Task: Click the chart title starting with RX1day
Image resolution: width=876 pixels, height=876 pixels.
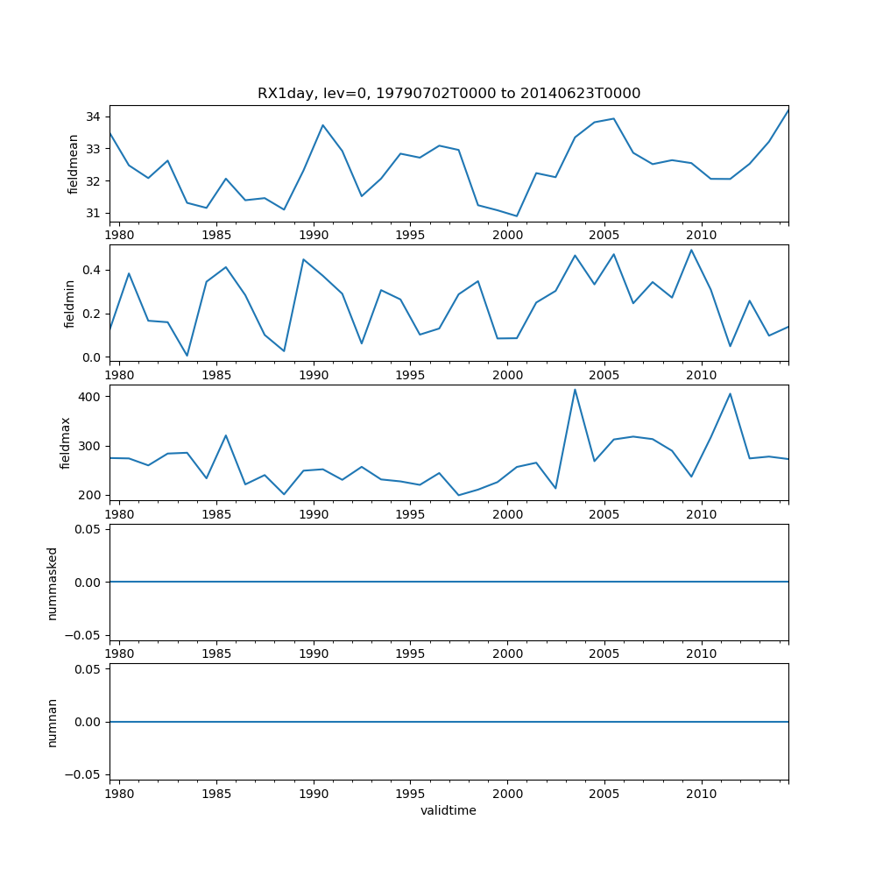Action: (x=449, y=94)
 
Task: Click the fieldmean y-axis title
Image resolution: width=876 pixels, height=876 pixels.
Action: (x=74, y=164)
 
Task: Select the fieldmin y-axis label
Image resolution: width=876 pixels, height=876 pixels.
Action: (x=70, y=303)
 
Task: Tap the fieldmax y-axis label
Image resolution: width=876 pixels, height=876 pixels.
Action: (x=65, y=442)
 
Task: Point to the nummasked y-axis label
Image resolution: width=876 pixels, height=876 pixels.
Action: (x=53, y=583)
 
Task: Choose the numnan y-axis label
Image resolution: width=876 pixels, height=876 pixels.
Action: (x=53, y=722)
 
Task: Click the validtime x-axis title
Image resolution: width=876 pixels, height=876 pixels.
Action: (x=449, y=811)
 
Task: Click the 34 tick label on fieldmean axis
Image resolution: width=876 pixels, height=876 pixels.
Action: (x=92, y=117)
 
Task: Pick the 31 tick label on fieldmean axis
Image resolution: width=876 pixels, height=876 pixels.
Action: (x=92, y=213)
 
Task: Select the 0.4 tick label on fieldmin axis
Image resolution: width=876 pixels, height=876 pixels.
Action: (x=89, y=270)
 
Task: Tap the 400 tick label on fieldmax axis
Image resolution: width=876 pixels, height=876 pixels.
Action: (x=89, y=397)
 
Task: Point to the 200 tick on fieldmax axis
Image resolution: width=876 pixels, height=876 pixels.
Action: (x=89, y=495)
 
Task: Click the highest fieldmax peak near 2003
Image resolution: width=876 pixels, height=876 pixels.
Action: (x=575, y=390)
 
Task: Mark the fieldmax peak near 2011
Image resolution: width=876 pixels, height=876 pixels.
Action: (x=730, y=394)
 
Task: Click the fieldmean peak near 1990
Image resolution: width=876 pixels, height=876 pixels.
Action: (x=322, y=125)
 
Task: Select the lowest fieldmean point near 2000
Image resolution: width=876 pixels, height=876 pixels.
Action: (x=517, y=216)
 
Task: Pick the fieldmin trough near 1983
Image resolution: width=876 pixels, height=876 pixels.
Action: (x=187, y=356)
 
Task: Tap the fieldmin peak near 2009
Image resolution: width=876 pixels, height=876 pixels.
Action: (x=691, y=251)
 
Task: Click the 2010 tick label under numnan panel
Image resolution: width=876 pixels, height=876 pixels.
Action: (x=702, y=794)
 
